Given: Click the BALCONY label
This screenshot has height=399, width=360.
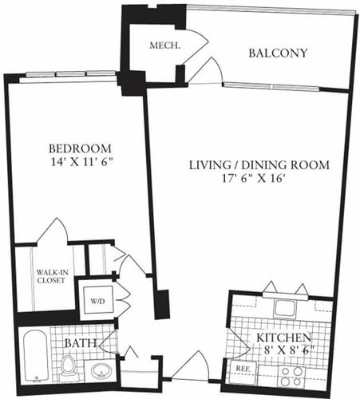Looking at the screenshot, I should pyautogui.click(x=278, y=54).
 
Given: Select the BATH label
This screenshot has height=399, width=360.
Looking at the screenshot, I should pyautogui.click(x=81, y=343).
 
